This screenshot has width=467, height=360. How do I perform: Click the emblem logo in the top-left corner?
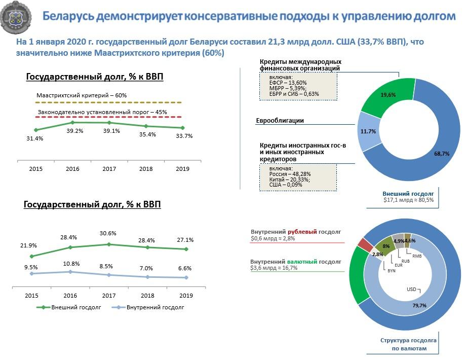[x=16, y=17]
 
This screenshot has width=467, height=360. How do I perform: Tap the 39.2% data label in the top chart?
[x=75, y=131]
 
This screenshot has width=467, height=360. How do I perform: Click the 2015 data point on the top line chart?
[x=36, y=130]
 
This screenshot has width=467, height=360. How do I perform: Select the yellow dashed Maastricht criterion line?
[x=108, y=102]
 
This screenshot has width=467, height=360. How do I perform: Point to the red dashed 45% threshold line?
[x=108, y=117]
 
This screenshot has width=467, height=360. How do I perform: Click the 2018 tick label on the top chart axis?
[x=146, y=169]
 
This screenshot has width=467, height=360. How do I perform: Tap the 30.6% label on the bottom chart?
[x=108, y=233]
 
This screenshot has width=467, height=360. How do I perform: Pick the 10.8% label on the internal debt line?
[x=71, y=264]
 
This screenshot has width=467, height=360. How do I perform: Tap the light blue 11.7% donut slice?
[x=368, y=131]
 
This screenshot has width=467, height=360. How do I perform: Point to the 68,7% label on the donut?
[x=442, y=154]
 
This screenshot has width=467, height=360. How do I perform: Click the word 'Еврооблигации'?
[x=280, y=121]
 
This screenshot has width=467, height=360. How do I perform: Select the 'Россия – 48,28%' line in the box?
[x=290, y=174]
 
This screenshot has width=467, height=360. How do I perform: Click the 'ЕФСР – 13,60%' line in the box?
[x=288, y=83]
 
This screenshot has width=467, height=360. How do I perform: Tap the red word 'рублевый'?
[x=302, y=232]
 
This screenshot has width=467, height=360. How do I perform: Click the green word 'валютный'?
[x=302, y=262]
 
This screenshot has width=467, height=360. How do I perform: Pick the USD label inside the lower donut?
[x=411, y=290]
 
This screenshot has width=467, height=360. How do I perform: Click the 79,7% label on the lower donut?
[x=419, y=305]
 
